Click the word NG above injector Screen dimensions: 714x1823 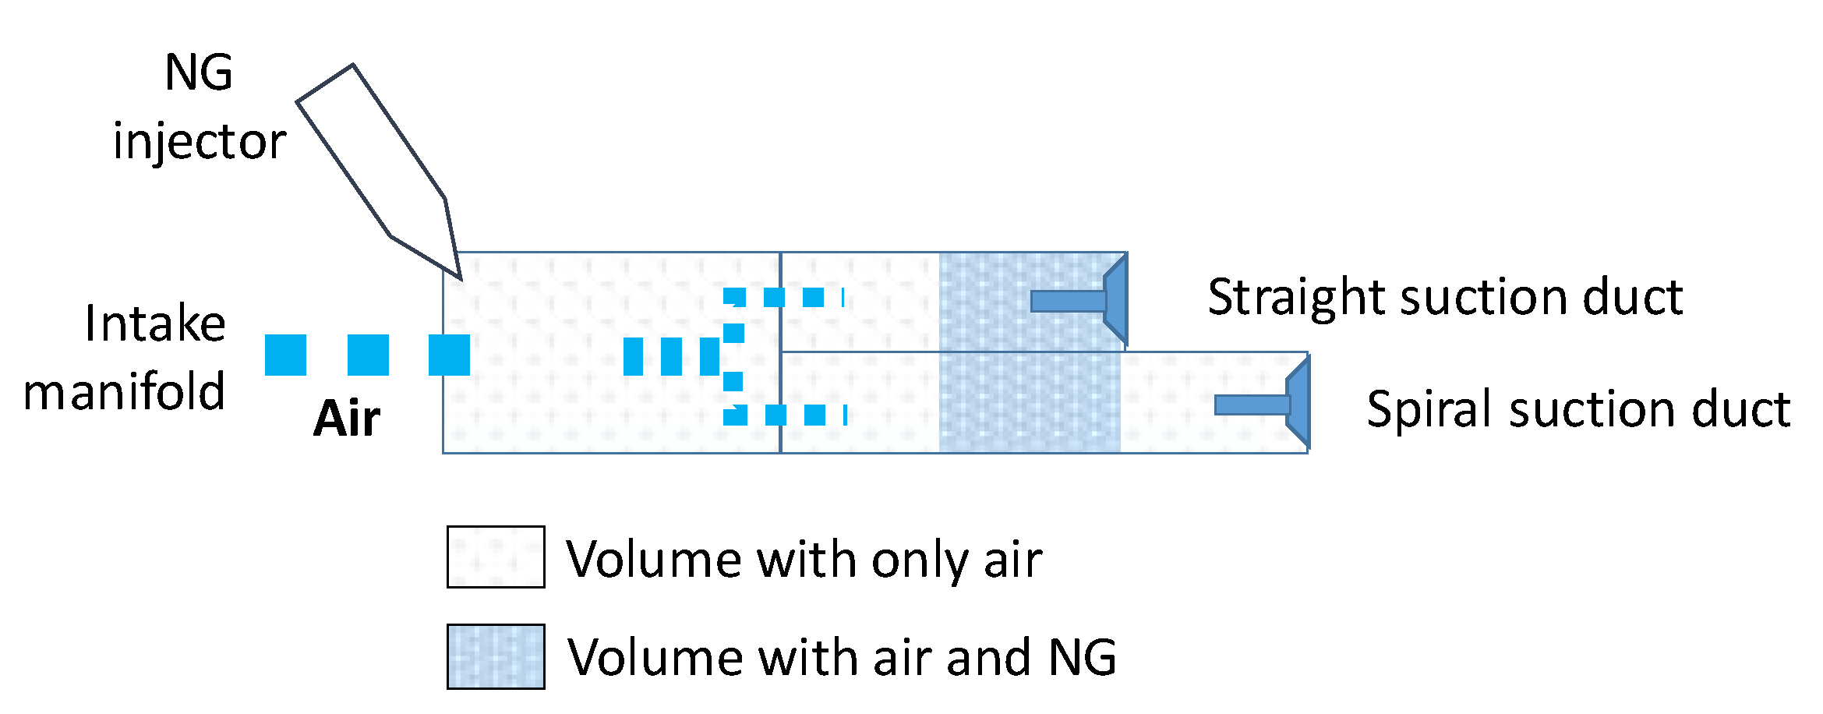[199, 73]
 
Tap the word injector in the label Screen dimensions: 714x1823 [200, 143]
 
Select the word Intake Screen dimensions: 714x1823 [155, 323]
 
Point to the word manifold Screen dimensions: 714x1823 [125, 391]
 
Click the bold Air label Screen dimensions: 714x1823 [347, 419]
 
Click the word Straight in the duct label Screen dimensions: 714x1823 [1297, 298]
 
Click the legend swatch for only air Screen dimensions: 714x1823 [496, 557]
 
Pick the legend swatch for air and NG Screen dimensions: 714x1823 [496, 656]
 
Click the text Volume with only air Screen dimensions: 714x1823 [804, 559]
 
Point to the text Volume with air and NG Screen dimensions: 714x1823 [842, 657]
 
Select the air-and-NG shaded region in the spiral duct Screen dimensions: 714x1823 [1029, 402]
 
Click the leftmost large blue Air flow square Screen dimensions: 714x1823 [285, 355]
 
